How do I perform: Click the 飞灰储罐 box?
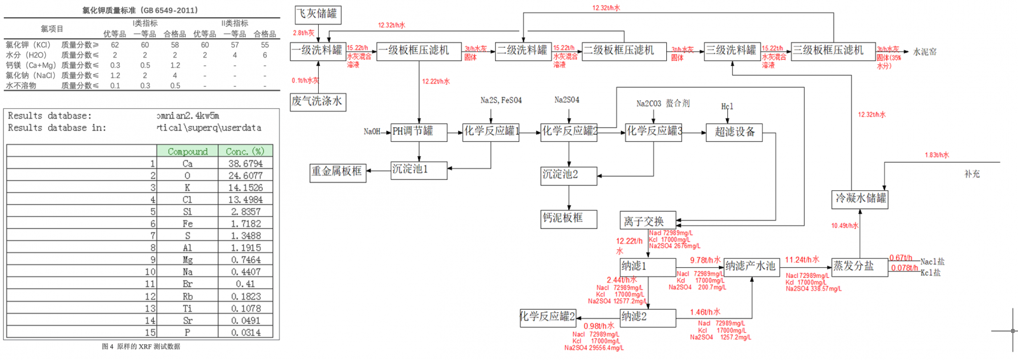pyautogui.click(x=317, y=14)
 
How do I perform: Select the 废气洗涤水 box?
pyautogui.click(x=317, y=101)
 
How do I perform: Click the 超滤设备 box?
pyautogui.click(x=734, y=132)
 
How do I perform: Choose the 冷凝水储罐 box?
pyautogui.click(x=860, y=198)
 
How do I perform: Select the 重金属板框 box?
pyautogui.click(x=337, y=171)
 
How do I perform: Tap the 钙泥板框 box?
pyautogui.click(x=569, y=218)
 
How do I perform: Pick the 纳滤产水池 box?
pyautogui.click(x=751, y=266)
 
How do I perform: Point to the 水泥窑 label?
pyautogui.click(x=924, y=52)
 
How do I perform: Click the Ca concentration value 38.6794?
pyautogui.click(x=246, y=163)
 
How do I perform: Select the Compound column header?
pyautogui.click(x=188, y=151)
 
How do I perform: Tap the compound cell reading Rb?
pyautogui.click(x=188, y=296)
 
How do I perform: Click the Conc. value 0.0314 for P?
pyautogui.click(x=246, y=333)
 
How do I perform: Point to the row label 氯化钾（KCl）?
pyautogui.click(x=29, y=45)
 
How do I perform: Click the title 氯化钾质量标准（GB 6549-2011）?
pyautogui.click(x=140, y=10)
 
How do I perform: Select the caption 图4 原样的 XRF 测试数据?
pyautogui.click(x=141, y=347)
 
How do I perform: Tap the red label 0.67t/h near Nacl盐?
pyautogui.click(x=900, y=258)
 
